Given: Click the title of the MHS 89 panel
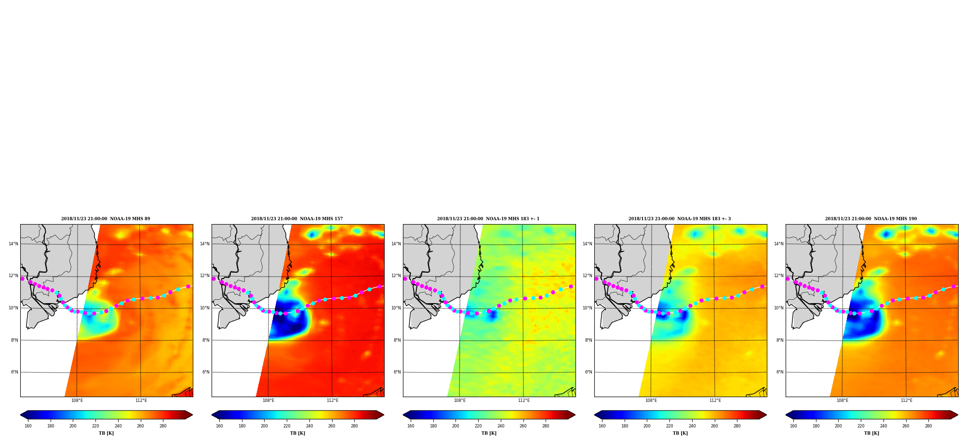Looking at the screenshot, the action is tap(106, 219).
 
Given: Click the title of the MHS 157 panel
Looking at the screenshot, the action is tap(297, 219).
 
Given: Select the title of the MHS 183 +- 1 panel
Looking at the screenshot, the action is tap(488, 219).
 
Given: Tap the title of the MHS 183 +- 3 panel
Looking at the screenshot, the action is tap(680, 219).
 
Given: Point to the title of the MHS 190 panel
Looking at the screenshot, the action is tap(871, 219).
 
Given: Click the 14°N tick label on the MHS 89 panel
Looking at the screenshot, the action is tap(13, 244).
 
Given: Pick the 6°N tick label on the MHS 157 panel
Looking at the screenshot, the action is tap(206, 372).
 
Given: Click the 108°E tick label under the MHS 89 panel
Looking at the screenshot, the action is tap(77, 400).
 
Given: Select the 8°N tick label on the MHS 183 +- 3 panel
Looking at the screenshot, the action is tap(588, 340).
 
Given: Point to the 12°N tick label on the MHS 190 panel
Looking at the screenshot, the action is tap(778, 276).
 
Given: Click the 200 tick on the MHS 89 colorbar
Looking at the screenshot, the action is tap(73, 426).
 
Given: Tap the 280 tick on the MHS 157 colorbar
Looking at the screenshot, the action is tap(354, 426).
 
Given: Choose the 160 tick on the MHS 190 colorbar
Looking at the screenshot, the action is tap(793, 426).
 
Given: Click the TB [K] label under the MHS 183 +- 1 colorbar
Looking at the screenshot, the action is tap(489, 433).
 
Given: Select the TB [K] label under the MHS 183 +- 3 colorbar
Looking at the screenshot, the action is tap(680, 433).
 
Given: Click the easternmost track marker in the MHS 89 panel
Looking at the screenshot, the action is tap(188, 286).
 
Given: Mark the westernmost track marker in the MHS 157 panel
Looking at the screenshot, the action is tap(214, 279).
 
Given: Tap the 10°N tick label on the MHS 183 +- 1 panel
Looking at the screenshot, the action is tap(396, 308).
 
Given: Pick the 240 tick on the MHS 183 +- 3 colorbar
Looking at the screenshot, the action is tap(692, 426).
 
